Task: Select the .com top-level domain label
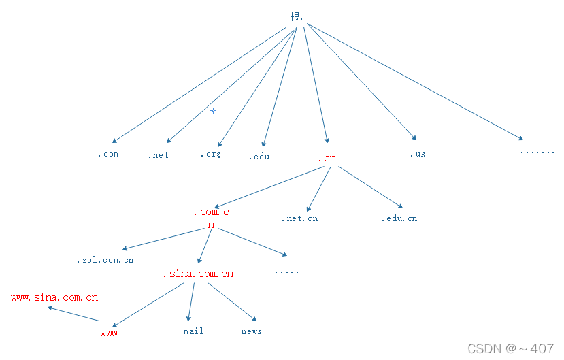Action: pos(107,154)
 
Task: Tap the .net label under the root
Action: pos(159,155)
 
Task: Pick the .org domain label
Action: pos(210,154)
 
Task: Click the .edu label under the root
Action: pos(259,157)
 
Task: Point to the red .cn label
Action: pos(327,159)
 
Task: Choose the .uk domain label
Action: pos(418,154)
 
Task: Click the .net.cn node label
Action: pos(299,218)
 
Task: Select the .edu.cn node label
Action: pos(399,218)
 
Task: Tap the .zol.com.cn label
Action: pos(105,260)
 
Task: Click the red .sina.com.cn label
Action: pos(198,274)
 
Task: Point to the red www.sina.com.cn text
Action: pos(54,297)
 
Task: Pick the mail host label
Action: pos(193,331)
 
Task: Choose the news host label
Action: pos(251,331)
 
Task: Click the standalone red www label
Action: pos(109,333)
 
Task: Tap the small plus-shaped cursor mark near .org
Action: pos(213,110)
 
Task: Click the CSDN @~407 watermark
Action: pos(510,348)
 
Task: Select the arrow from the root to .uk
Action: pos(361,82)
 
